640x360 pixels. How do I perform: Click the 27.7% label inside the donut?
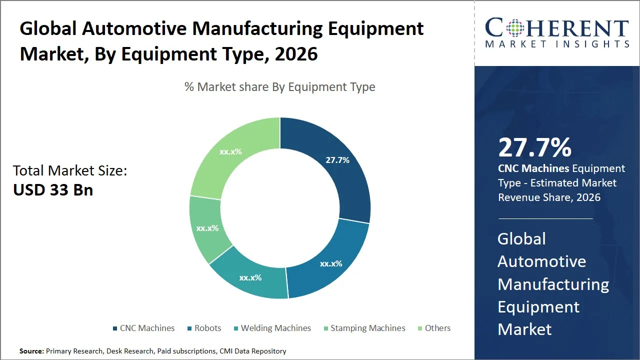tap(337, 160)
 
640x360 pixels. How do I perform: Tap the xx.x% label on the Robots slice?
tap(331, 263)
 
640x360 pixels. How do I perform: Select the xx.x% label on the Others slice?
tap(230, 151)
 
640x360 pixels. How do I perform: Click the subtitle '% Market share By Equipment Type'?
tap(280, 87)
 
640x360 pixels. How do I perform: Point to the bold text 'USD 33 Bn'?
tap(53, 190)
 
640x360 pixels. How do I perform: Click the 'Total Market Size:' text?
tap(70, 170)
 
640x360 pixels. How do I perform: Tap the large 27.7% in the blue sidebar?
tap(534, 148)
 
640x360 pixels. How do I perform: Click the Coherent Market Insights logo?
tap(557, 33)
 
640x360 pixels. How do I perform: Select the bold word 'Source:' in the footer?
tap(31, 351)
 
